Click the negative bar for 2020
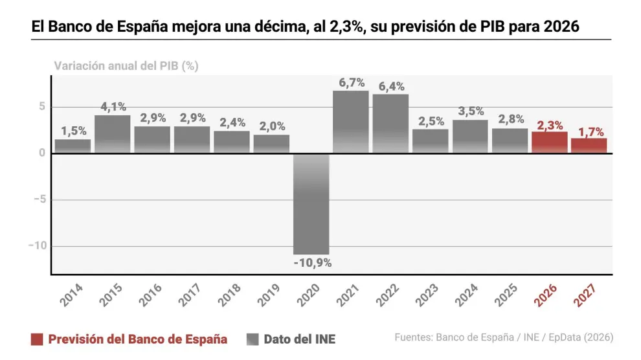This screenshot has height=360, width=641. [x=311, y=203]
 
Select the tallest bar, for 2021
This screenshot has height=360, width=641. [x=351, y=122]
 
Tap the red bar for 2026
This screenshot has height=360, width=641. [x=550, y=142]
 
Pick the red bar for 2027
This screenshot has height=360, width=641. [x=589, y=146]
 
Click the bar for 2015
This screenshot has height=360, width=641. [x=113, y=134]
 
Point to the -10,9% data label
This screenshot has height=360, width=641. [x=312, y=263]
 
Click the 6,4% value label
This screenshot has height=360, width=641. [x=390, y=86]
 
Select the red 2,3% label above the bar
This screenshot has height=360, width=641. [x=550, y=125]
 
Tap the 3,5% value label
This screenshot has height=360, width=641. [x=470, y=111]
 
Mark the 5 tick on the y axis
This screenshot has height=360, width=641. [x=41, y=107]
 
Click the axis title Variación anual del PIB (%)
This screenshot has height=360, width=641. [x=126, y=65]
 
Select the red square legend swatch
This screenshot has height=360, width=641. [x=37, y=339]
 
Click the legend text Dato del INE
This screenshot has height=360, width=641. [x=300, y=339]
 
